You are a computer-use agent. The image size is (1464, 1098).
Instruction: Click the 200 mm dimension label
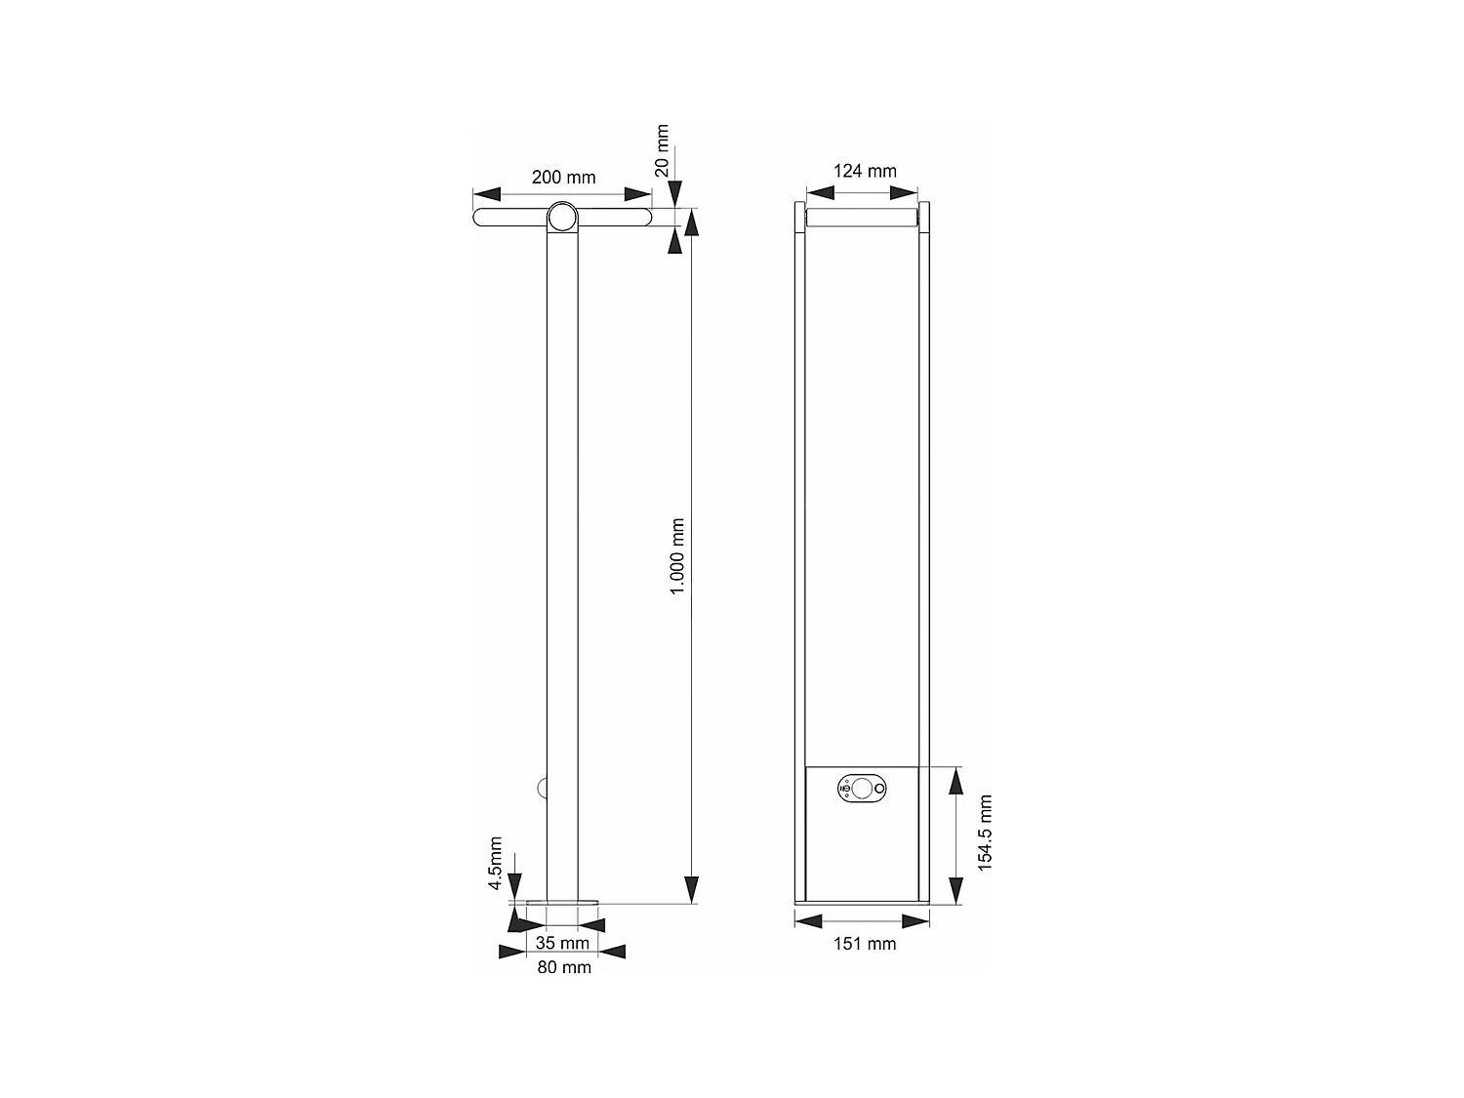point(563,178)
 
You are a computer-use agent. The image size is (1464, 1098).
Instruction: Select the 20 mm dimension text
point(663,150)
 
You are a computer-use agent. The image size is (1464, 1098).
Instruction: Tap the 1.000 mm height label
point(677,556)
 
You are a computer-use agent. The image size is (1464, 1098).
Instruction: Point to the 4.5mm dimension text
point(496,864)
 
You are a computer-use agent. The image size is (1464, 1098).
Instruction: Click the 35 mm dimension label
point(562,943)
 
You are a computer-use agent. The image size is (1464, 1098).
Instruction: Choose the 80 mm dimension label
point(564,967)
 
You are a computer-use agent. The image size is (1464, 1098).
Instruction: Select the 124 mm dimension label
point(864,171)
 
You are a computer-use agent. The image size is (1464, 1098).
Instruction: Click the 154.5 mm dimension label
point(985,833)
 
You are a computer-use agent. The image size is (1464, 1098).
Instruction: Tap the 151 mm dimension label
point(864,944)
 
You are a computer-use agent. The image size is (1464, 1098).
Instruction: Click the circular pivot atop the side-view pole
point(562,218)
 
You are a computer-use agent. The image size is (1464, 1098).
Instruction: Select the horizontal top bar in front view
point(863,219)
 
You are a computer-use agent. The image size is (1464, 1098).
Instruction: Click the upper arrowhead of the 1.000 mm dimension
point(692,224)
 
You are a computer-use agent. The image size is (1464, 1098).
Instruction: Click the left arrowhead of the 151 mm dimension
point(809,921)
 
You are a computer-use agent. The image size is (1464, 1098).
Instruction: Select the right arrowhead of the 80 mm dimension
point(612,952)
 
